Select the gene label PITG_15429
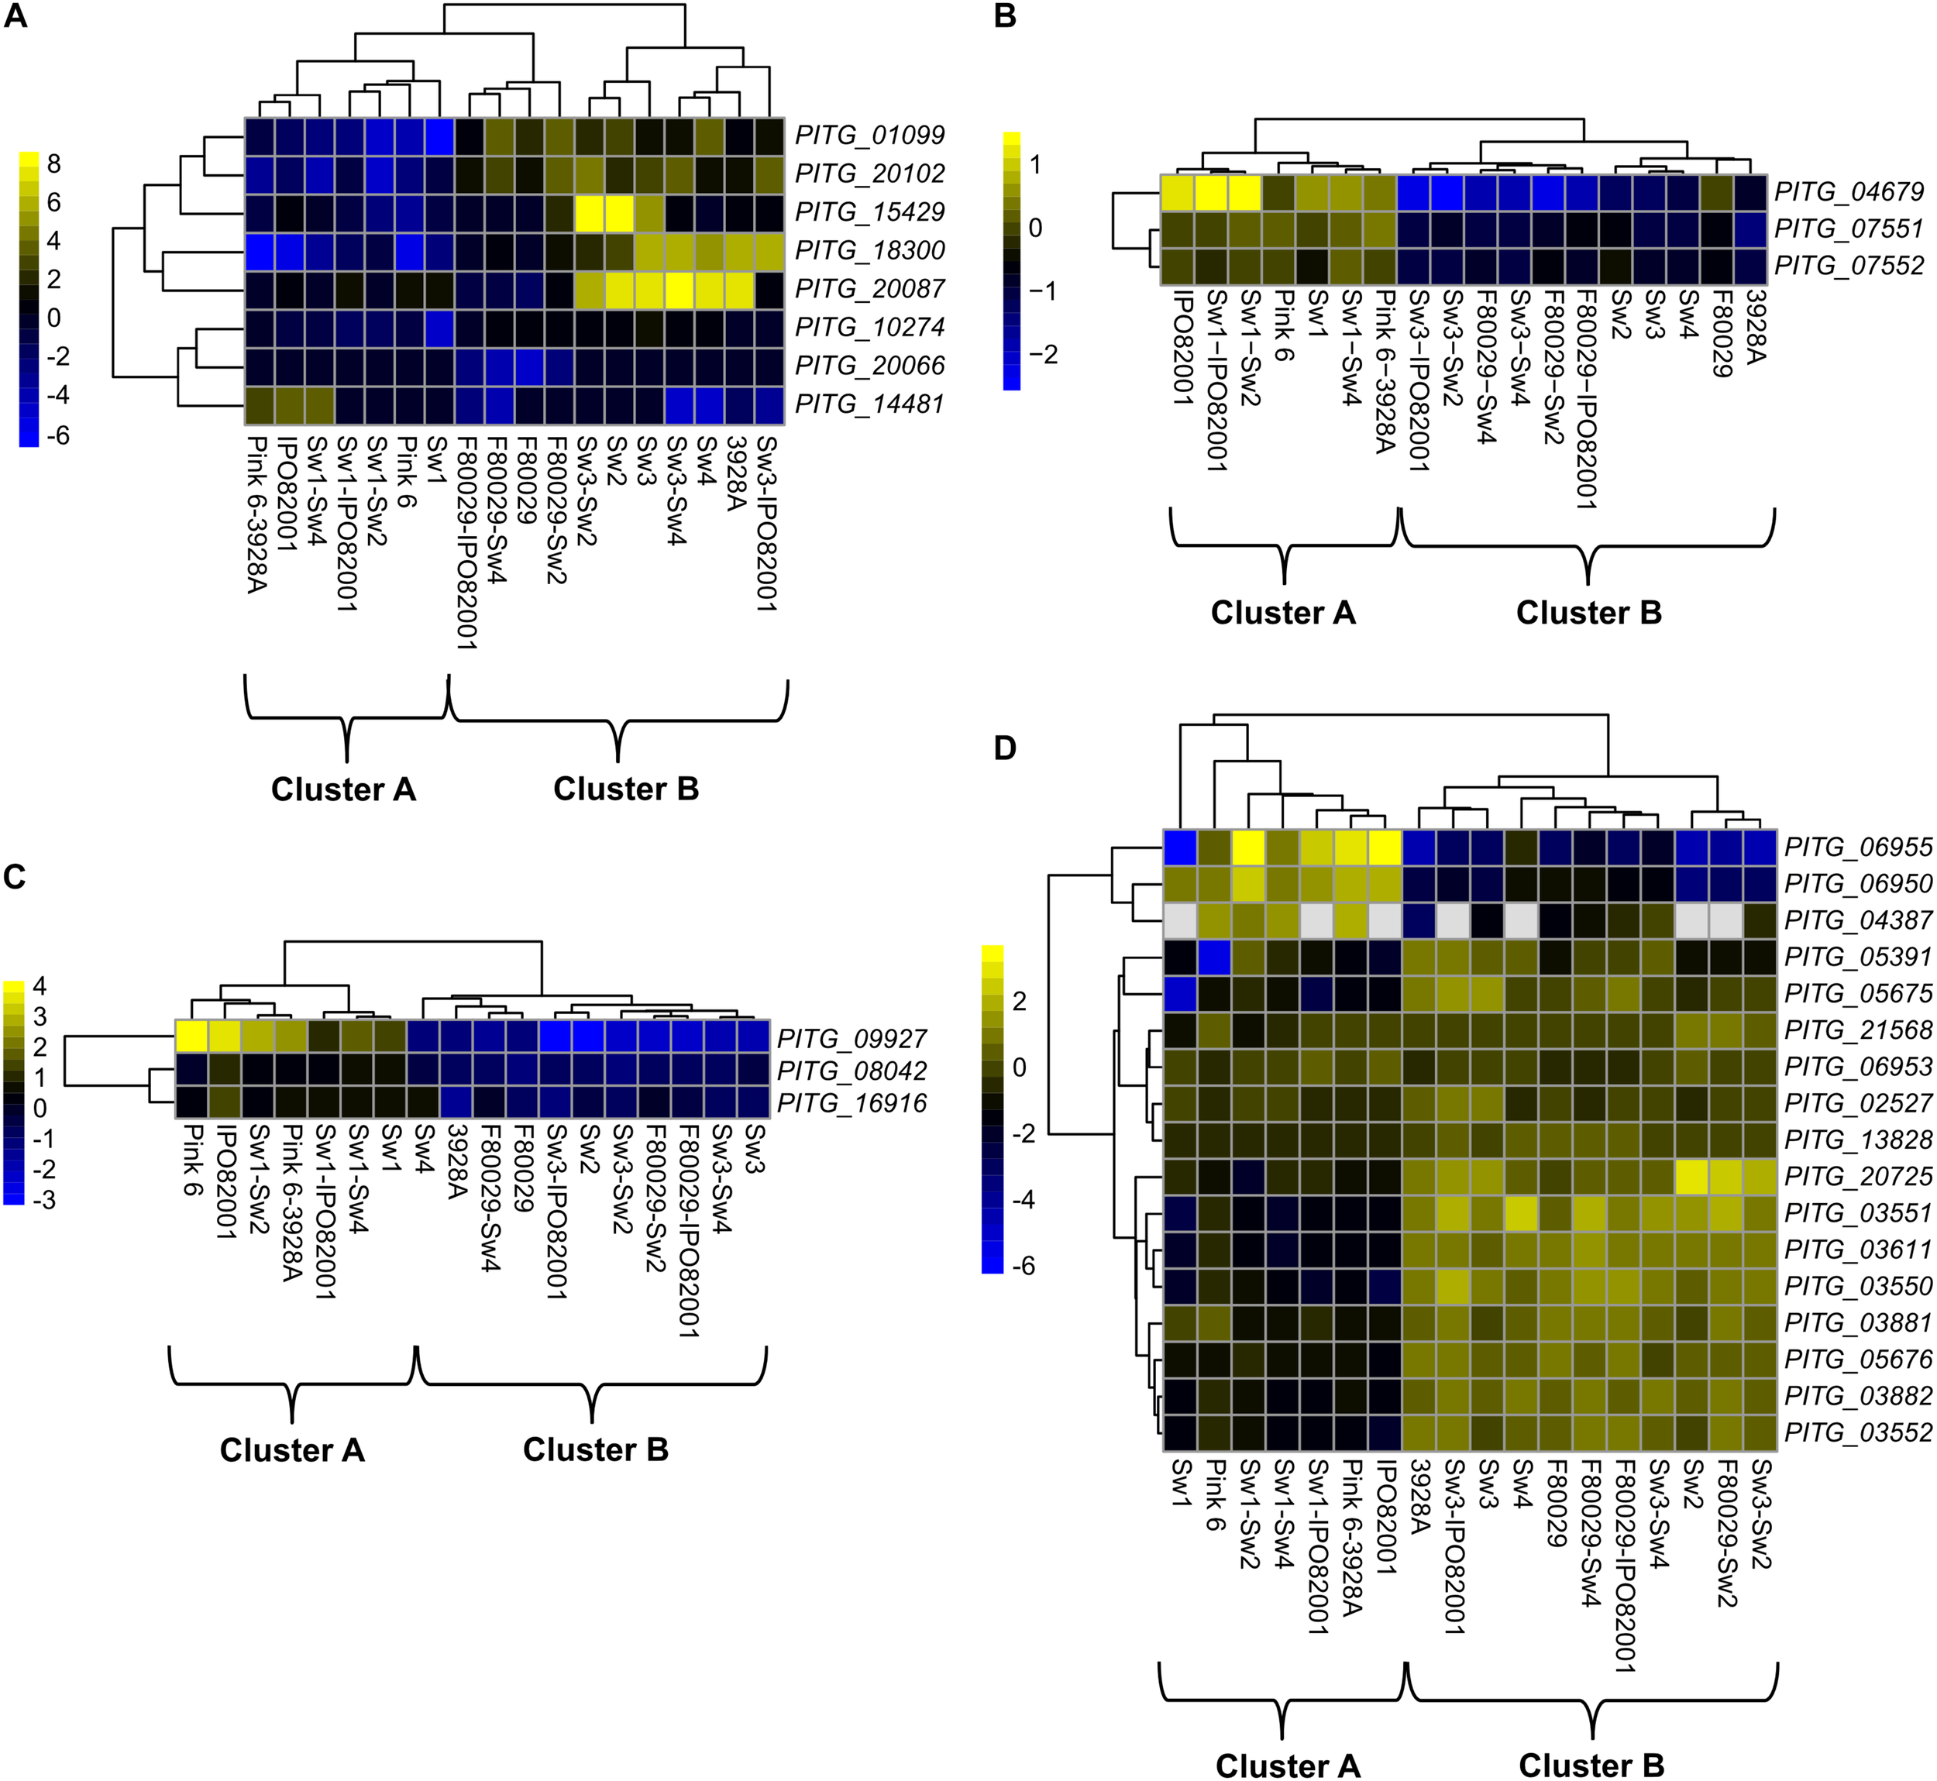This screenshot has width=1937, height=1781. coord(869,212)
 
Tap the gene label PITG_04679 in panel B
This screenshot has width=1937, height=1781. coord(1849,192)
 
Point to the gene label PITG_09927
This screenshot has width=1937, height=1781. coord(852,1038)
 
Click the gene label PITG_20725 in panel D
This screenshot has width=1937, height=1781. coord(1858,1176)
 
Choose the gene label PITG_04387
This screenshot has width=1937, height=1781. coord(1858,920)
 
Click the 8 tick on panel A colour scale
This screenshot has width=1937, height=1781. coord(54,163)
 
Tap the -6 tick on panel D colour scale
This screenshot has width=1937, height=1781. coord(1024,1265)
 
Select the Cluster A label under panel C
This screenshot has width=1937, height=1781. coord(292,1449)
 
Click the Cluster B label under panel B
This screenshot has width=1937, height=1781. coord(1588,613)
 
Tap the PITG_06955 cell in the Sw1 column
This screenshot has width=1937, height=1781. coord(1179,848)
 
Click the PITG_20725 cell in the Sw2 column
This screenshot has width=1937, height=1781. coord(1692,1176)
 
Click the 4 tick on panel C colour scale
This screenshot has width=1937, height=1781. coord(40,986)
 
